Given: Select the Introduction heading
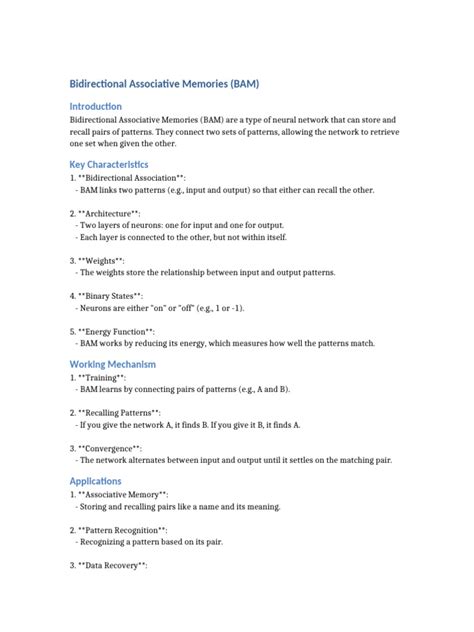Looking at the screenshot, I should tap(95, 106).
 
